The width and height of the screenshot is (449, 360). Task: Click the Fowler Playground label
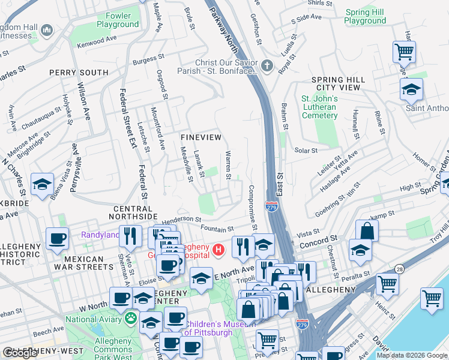click(x=118, y=20)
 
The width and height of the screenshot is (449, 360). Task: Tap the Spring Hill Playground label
click(x=366, y=16)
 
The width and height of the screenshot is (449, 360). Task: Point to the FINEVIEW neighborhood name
click(x=201, y=137)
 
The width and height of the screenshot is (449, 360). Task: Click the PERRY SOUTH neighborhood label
click(x=79, y=73)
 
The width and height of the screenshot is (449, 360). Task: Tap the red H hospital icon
click(x=219, y=248)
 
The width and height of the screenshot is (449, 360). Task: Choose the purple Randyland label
click(x=100, y=235)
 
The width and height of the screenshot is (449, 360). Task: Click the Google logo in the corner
click(x=20, y=353)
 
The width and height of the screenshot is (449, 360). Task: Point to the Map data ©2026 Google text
click(x=412, y=355)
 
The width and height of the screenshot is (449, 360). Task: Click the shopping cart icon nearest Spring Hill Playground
click(x=404, y=52)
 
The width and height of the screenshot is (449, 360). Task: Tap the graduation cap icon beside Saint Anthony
click(x=411, y=89)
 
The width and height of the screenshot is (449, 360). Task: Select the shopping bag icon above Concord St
click(x=367, y=231)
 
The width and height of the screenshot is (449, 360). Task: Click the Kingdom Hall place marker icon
click(x=47, y=30)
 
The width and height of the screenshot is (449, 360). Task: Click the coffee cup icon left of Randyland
click(x=58, y=239)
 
